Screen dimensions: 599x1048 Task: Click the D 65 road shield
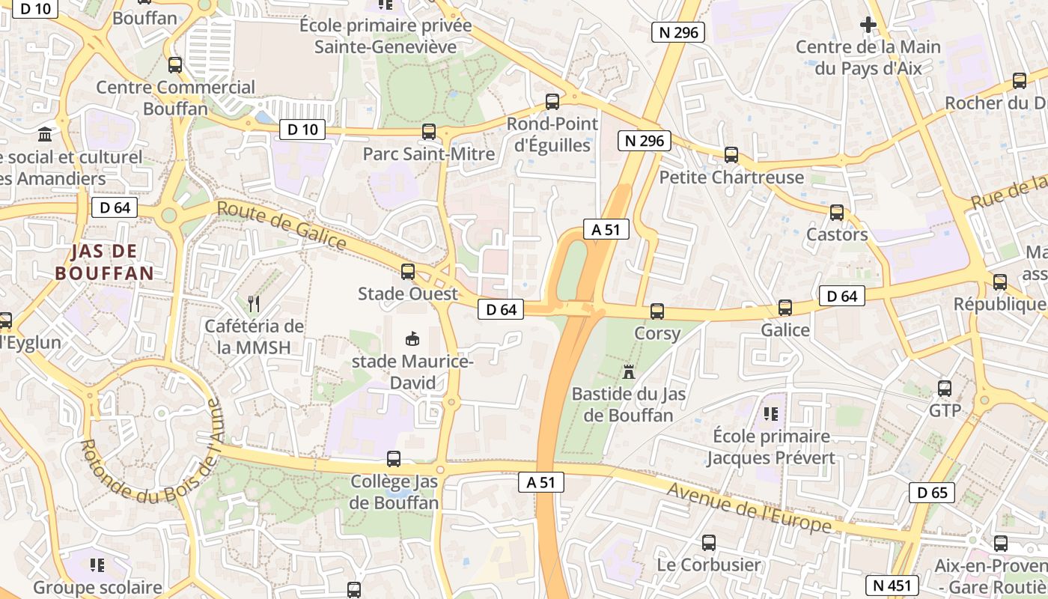[x=931, y=492]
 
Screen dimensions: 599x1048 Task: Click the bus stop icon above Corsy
[x=656, y=311]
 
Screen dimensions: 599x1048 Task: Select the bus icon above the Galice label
[x=785, y=308]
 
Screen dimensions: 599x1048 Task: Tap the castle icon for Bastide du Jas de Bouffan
[x=628, y=371]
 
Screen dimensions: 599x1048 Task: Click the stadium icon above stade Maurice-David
[x=411, y=339]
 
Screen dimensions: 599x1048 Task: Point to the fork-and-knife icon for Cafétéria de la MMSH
[x=254, y=303]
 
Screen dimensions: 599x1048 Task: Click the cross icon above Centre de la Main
[x=868, y=25]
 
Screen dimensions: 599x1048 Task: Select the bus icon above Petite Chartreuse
[x=731, y=155]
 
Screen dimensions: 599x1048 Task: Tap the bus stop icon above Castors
[x=836, y=213]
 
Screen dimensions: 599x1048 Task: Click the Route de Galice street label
[x=281, y=225]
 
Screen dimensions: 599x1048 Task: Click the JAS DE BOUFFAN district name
[x=104, y=261]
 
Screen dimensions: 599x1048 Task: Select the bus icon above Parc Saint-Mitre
[x=428, y=132]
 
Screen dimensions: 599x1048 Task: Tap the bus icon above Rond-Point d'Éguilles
[x=552, y=102]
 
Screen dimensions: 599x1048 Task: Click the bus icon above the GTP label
[x=944, y=389]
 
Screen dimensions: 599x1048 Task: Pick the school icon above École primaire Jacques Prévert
[x=770, y=413]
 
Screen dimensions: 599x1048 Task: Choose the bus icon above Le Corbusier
[x=708, y=543]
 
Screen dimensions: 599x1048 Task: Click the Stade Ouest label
[x=407, y=294]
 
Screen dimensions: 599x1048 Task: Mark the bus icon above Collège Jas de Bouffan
[x=393, y=459]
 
